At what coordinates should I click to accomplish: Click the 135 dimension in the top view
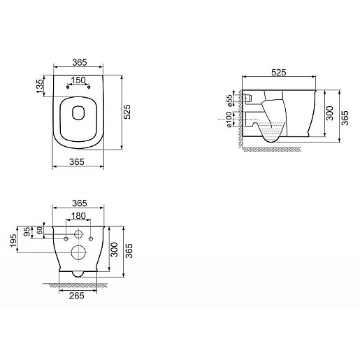(x=41, y=85)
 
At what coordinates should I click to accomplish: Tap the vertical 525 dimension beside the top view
(x=127, y=113)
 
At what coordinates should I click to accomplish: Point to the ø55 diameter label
(x=229, y=101)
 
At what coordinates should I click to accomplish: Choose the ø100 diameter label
(x=229, y=122)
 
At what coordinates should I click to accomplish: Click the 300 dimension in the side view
(x=329, y=115)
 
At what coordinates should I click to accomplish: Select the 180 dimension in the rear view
(x=78, y=216)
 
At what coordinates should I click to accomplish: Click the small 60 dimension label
(x=40, y=230)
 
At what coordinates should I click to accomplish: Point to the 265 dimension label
(x=78, y=296)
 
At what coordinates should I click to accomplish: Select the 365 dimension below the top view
(x=78, y=161)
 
